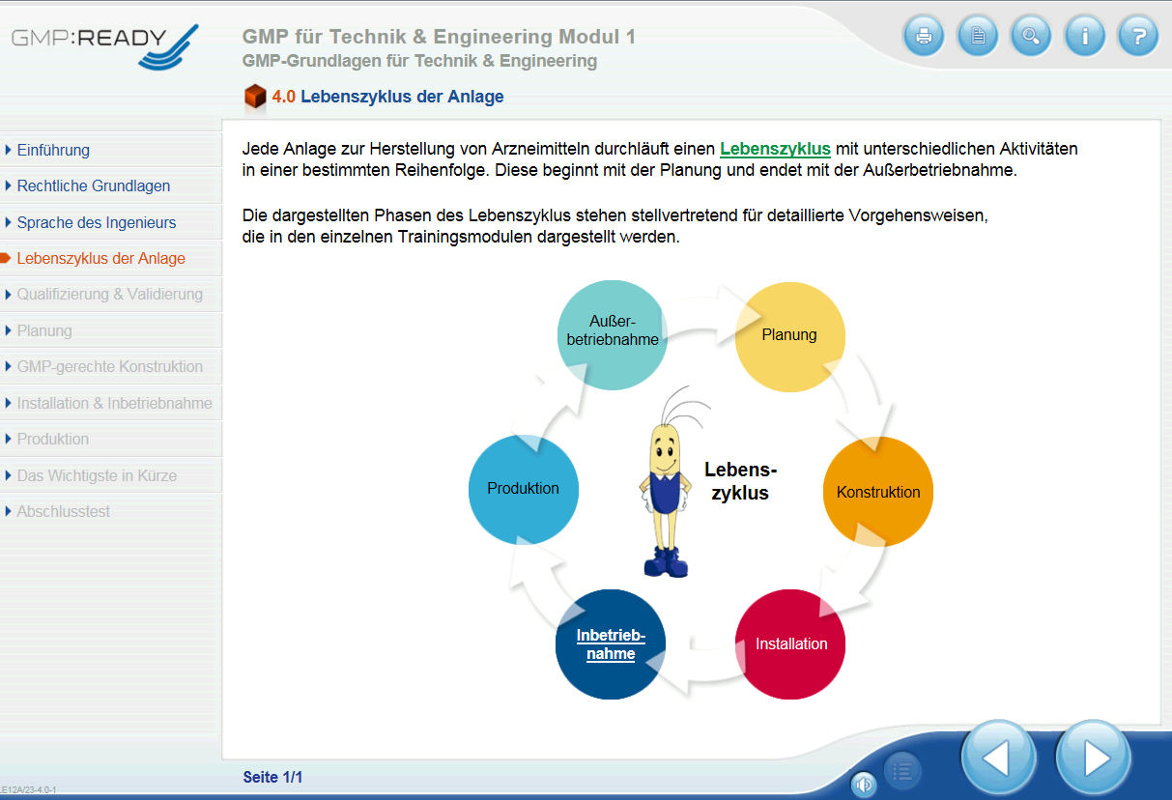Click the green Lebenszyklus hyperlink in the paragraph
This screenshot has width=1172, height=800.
[x=775, y=149]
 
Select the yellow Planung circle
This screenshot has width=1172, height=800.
[x=790, y=337]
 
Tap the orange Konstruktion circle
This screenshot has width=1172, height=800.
[x=878, y=491]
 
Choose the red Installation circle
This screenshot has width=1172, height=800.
[x=790, y=644]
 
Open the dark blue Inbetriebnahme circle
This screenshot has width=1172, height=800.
[x=611, y=644]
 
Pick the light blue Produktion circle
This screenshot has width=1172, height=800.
[x=524, y=489]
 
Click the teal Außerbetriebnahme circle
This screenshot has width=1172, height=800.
[x=613, y=335]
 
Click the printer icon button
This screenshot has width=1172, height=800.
[x=924, y=36]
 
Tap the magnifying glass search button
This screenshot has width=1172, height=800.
[x=1031, y=36]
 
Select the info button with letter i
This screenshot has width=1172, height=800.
[x=1085, y=36]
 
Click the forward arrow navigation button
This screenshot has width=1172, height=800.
[x=1094, y=757]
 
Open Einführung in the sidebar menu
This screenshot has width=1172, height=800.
[x=53, y=150]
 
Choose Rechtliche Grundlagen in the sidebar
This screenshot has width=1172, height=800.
[x=94, y=186]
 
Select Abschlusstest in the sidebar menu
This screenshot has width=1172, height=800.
[x=64, y=511]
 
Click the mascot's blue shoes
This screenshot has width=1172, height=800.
[x=666, y=562]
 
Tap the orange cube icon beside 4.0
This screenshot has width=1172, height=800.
[x=255, y=97]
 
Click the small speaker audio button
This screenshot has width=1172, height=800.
[x=864, y=785]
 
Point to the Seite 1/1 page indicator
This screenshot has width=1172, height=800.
[x=272, y=777]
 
